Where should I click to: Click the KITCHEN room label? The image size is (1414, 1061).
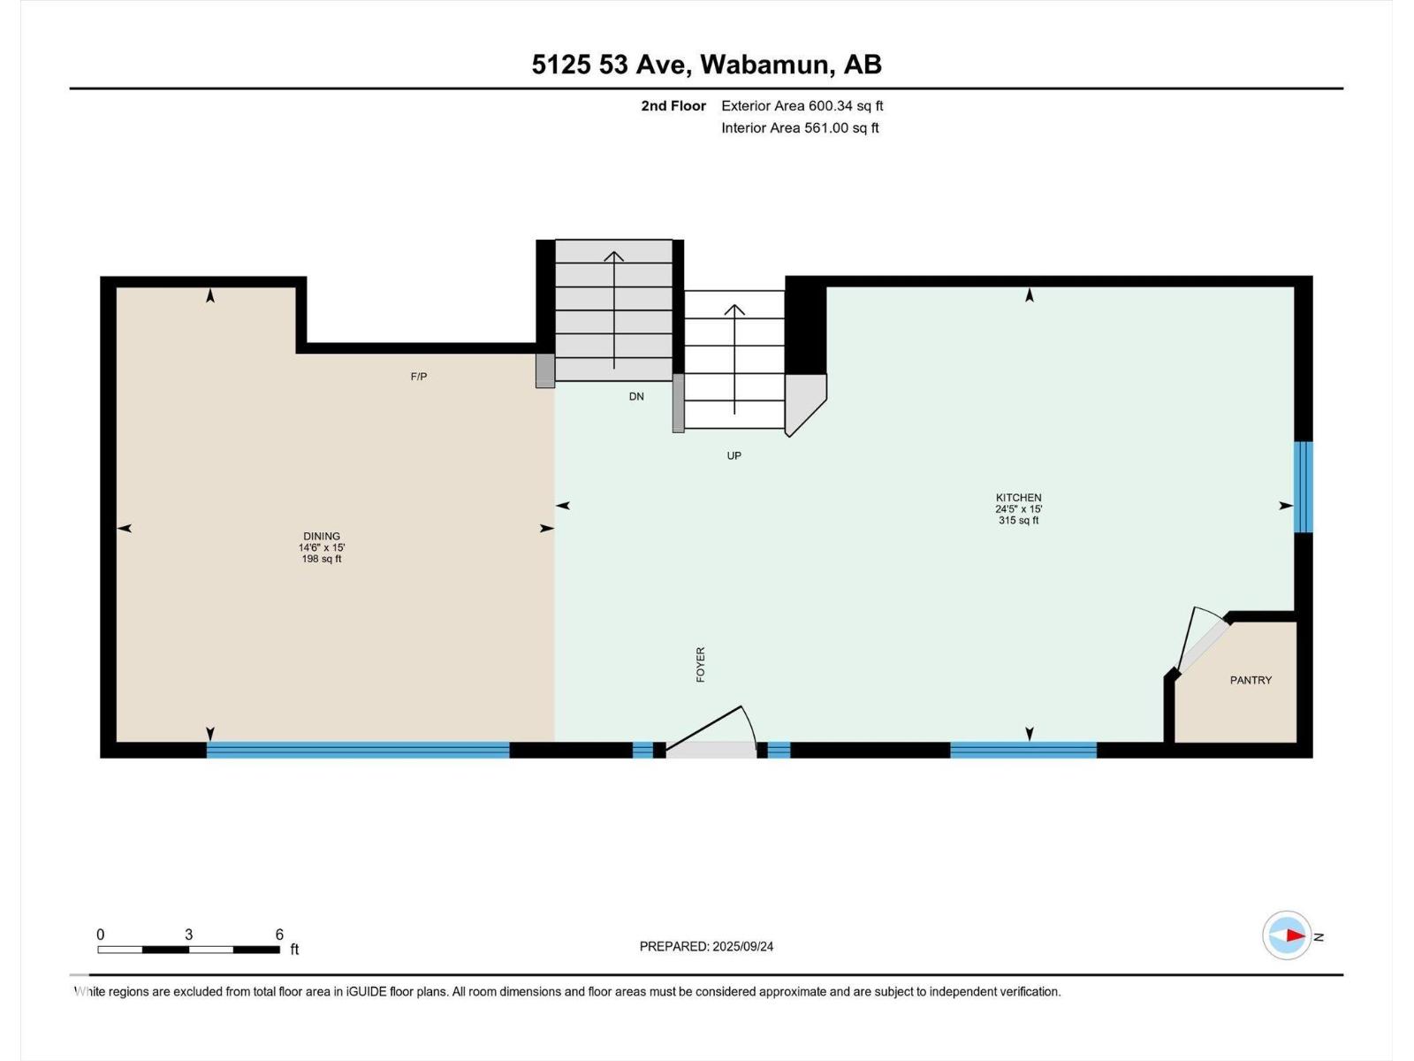tap(1018, 497)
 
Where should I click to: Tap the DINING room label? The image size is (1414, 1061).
tap(322, 536)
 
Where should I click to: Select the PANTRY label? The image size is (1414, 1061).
tap(1251, 680)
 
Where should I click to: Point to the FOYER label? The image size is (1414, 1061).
tap(701, 664)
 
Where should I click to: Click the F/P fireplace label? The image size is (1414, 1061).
tap(419, 377)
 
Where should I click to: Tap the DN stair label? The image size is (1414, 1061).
tap(636, 396)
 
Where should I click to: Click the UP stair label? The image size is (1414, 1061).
tap(734, 455)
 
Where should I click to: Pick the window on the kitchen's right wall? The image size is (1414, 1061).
tap(1304, 487)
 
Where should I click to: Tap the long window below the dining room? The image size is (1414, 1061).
tap(358, 750)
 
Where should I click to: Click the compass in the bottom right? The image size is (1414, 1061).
tap(1287, 935)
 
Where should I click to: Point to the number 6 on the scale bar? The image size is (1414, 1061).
tap(279, 934)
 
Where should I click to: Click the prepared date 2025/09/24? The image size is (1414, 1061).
tap(742, 946)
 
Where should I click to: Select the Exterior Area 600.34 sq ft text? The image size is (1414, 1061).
tap(802, 105)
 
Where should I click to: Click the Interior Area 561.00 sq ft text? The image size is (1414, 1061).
tap(800, 127)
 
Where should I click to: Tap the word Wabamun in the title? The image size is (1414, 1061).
tap(764, 65)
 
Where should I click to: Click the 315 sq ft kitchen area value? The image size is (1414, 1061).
tap(1018, 520)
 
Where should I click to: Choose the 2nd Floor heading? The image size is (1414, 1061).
tap(673, 105)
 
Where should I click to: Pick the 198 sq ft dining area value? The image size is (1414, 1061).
tap(322, 559)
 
